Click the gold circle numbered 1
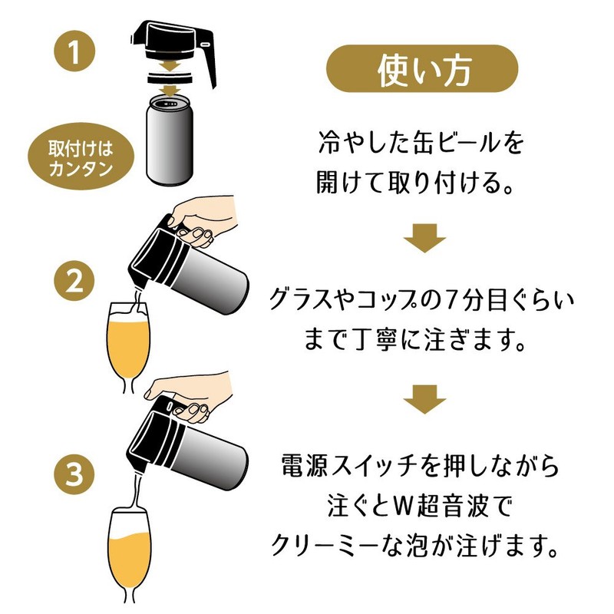click(75, 54)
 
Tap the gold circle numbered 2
click(74, 282)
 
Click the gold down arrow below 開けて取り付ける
click(424, 237)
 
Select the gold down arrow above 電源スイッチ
click(424, 403)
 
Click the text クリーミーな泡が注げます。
click(423, 546)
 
